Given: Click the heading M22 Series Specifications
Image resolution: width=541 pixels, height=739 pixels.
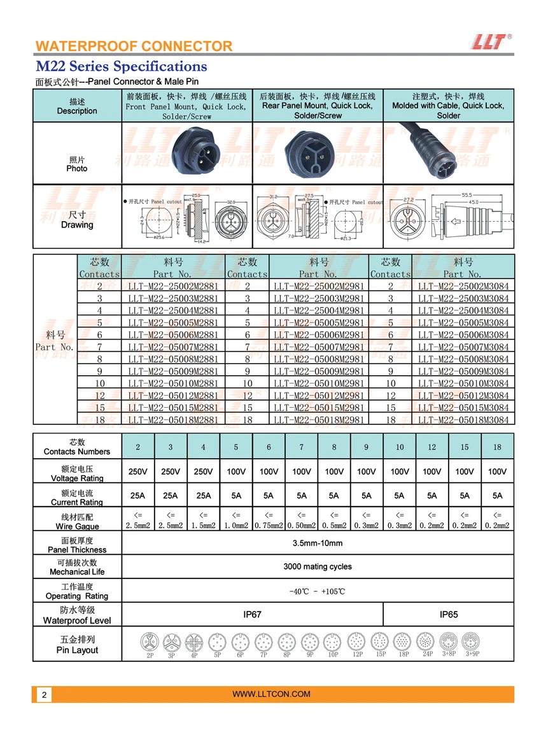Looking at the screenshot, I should [x=121, y=66].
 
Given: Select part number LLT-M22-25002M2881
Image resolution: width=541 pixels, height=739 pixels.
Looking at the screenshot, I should [x=173, y=287].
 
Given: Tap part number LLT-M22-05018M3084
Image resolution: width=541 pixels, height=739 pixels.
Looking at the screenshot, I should [x=463, y=419].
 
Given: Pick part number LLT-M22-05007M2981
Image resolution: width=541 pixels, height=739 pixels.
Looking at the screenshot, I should [x=319, y=347].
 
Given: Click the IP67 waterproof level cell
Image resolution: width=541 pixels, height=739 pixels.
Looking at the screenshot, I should [x=252, y=615].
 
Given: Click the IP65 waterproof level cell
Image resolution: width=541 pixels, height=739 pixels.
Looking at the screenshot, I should [x=448, y=615].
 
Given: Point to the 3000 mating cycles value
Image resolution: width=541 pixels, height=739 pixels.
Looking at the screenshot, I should [x=317, y=566].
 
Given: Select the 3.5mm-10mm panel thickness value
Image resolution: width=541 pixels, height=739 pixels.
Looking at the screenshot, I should [x=317, y=543].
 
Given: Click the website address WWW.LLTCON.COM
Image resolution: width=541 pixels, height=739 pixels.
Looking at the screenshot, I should [x=271, y=694].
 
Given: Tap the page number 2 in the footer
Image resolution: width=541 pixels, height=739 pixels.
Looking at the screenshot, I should [x=44, y=695].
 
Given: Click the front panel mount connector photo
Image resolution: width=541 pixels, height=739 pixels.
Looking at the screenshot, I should [x=188, y=153].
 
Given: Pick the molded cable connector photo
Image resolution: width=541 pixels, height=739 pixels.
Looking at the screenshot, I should [x=449, y=153].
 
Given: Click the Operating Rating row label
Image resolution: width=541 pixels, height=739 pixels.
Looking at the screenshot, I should [x=77, y=592].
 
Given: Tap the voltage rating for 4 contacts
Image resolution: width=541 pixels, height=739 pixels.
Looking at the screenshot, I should [x=203, y=472].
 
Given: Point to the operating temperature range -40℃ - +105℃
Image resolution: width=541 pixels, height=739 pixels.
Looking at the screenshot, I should [x=317, y=591].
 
